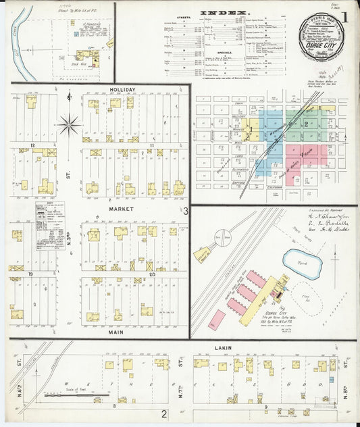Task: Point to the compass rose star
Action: tap(69, 124)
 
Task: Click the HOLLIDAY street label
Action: tap(122, 89)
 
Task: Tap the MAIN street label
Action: tap(122, 332)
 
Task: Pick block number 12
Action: tap(32, 145)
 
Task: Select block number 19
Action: tap(32, 274)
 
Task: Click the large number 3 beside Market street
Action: tap(184, 211)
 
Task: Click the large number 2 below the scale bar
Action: tap(163, 413)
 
